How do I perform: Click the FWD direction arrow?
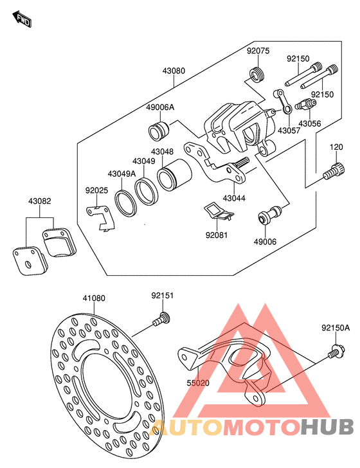[22, 19]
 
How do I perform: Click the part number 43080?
[174, 71]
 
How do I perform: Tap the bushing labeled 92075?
[256, 75]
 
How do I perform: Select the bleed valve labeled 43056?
[305, 104]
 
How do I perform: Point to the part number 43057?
[289, 130]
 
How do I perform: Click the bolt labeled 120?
[334, 171]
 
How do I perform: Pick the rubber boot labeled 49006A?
[159, 130]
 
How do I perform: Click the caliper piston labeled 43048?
[174, 175]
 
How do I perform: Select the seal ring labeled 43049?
[147, 192]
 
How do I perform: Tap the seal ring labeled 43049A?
[126, 203]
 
